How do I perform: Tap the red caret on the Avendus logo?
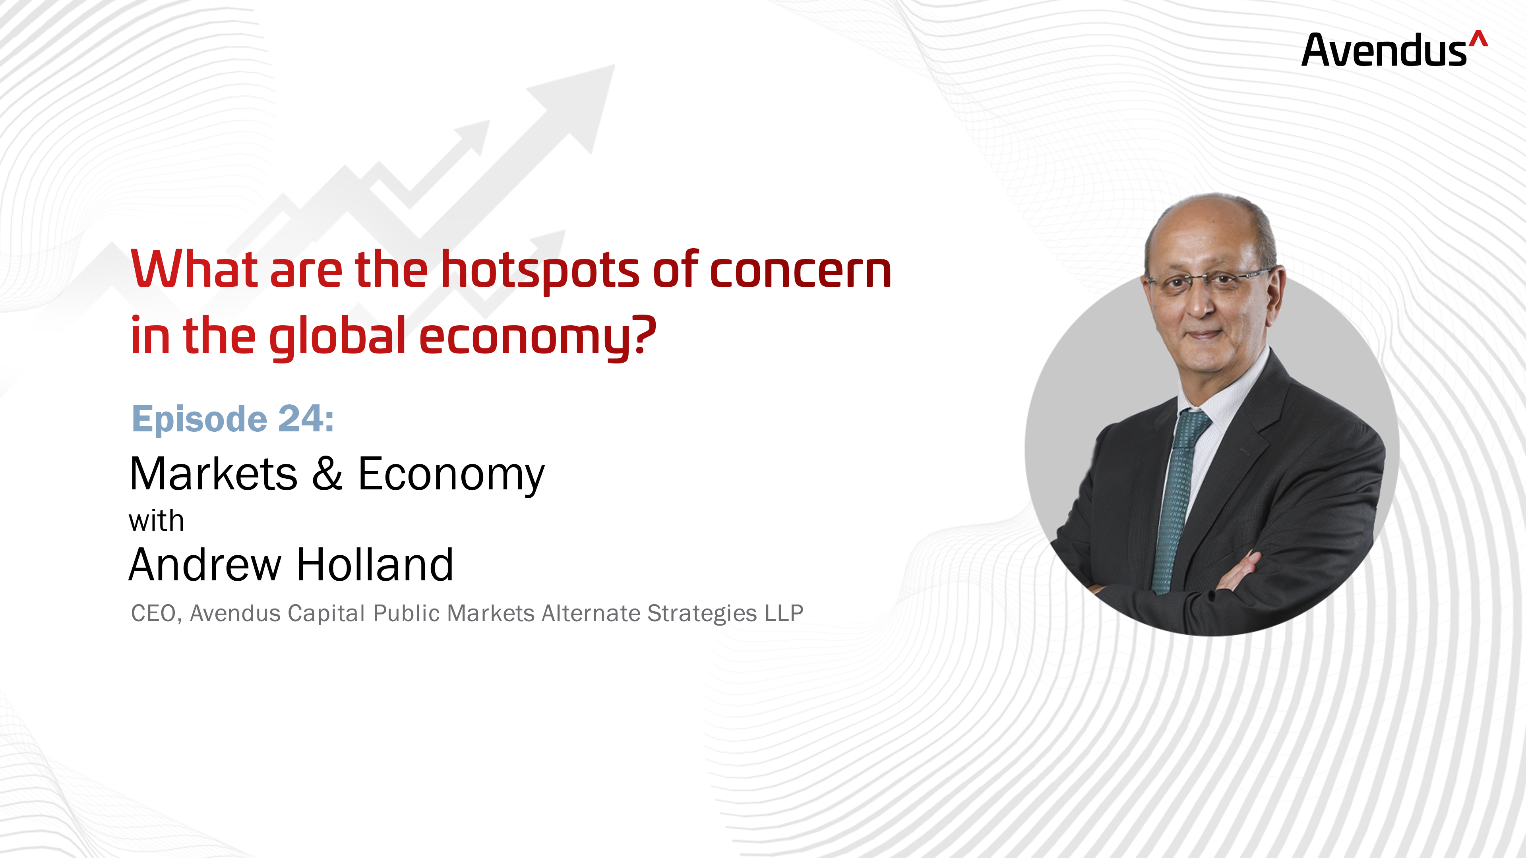[x=1479, y=38]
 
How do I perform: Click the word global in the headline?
[x=338, y=338]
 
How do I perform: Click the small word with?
[x=157, y=522]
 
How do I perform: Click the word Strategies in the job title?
[x=702, y=614]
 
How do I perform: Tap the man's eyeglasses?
[x=1208, y=279]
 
